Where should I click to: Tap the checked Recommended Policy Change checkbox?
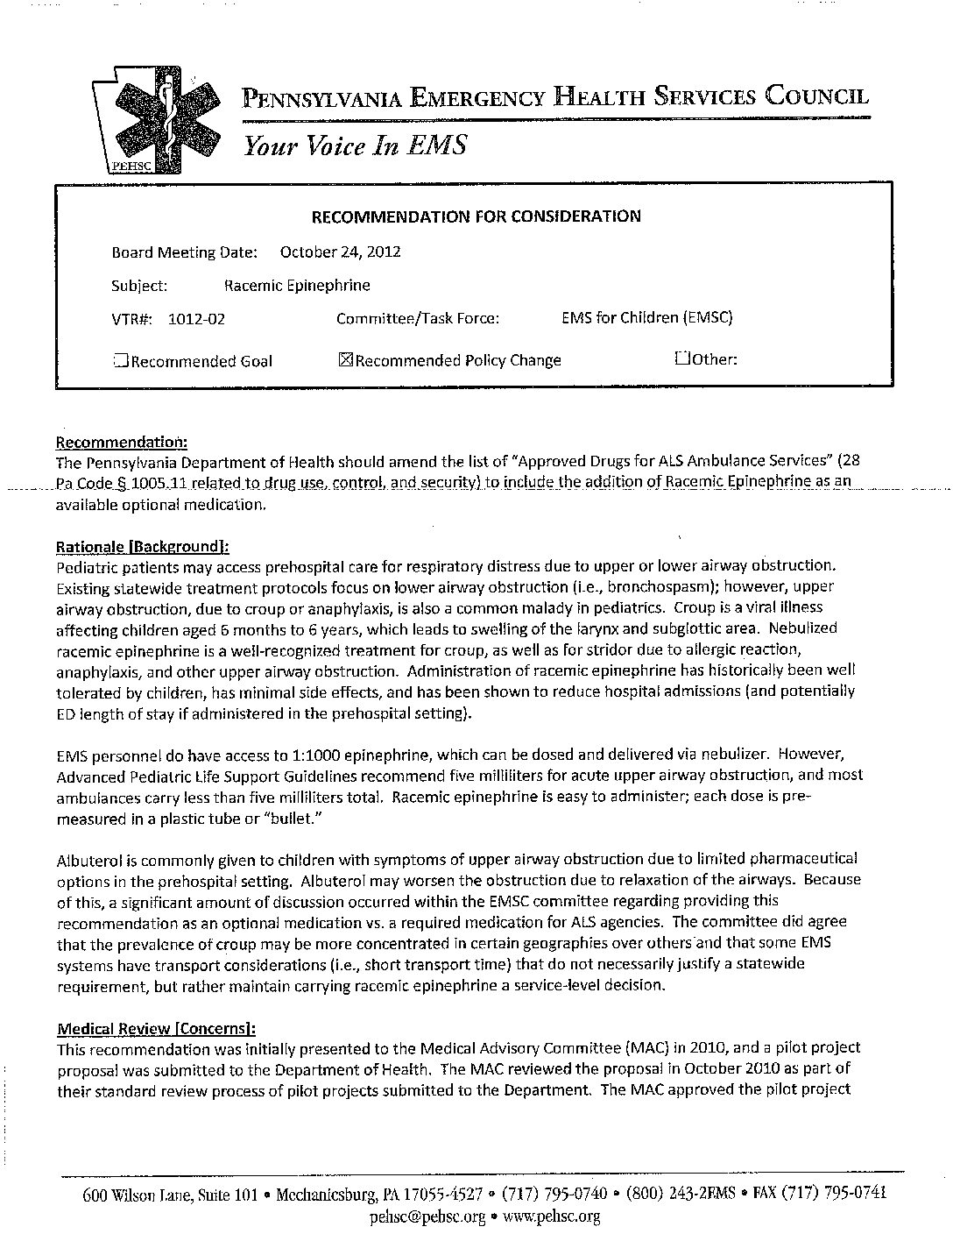coord(344,359)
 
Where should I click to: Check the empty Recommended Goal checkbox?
coord(121,359)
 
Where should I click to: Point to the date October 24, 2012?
coord(340,252)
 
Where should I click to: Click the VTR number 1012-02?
coord(196,319)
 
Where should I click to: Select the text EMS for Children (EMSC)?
coord(646,317)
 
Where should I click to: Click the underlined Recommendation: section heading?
coord(122,442)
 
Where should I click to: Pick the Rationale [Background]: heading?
coord(142,547)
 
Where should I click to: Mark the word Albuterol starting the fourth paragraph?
coord(88,858)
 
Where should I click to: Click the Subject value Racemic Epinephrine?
coord(297,285)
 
